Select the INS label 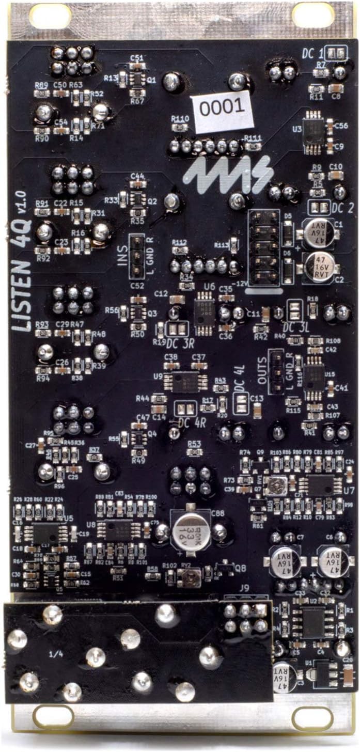123,255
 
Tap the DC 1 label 313,53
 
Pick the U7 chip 321,485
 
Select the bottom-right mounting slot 312,717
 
